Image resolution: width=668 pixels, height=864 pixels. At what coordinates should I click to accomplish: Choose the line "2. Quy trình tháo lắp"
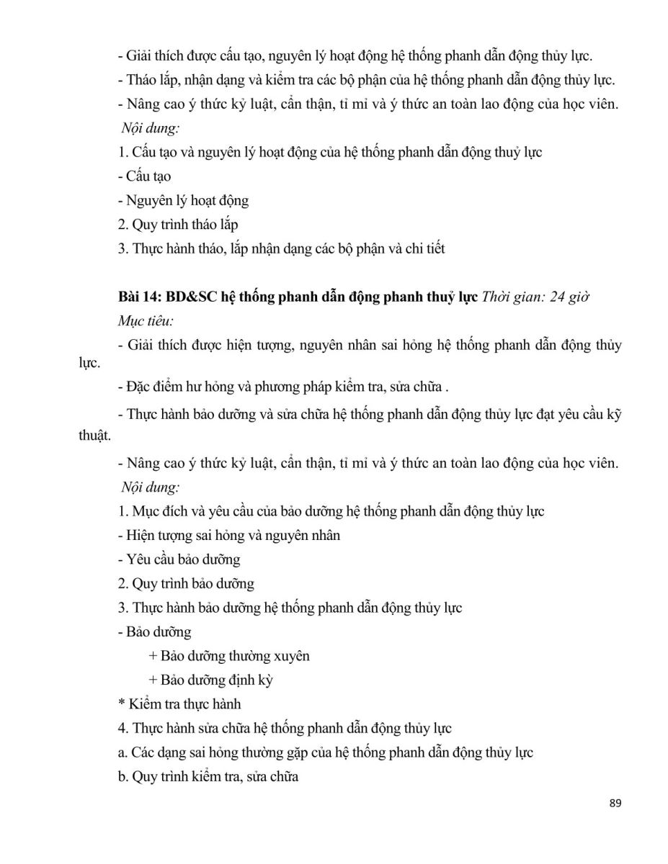(177, 225)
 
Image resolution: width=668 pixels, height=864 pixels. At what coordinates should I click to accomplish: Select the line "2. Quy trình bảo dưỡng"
(186, 583)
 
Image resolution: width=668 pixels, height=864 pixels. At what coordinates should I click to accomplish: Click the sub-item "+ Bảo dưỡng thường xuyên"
(228, 656)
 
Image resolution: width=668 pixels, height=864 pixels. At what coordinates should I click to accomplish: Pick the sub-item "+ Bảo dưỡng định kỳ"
(210, 680)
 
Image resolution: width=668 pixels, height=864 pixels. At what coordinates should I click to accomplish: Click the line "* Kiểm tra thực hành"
(179, 703)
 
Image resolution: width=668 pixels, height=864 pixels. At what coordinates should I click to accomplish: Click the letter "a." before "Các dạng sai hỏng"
(122, 752)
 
